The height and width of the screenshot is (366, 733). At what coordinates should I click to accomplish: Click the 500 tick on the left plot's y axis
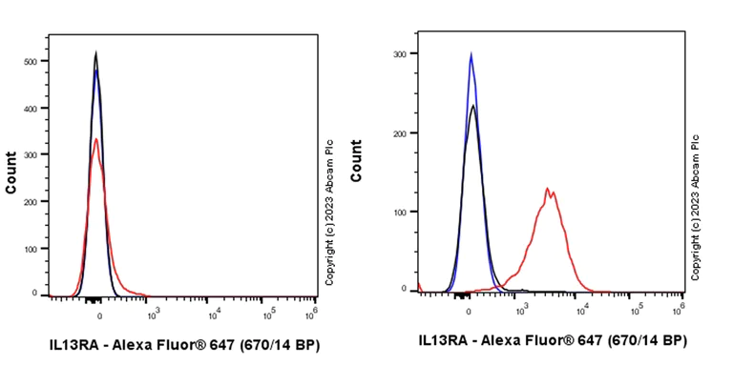click(x=32, y=62)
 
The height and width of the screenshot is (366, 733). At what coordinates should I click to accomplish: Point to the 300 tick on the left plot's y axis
click(x=32, y=155)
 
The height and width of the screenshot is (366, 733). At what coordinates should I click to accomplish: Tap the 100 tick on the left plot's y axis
click(x=32, y=249)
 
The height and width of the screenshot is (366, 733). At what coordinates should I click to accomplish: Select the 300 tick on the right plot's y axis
click(x=399, y=54)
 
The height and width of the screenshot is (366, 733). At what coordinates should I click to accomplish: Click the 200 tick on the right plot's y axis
click(x=399, y=132)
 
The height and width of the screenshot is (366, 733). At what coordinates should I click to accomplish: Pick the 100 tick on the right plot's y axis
click(x=399, y=212)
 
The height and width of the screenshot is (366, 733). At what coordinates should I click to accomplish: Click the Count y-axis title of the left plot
click(x=11, y=173)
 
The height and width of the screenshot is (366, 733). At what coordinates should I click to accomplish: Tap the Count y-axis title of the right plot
click(x=356, y=160)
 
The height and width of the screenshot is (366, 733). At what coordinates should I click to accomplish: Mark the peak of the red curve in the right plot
click(x=547, y=189)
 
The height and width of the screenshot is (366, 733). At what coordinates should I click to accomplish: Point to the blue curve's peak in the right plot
click(x=471, y=54)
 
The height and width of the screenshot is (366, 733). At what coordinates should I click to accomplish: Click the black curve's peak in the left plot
click(x=95, y=52)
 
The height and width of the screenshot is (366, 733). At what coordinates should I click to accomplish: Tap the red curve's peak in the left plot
click(x=95, y=139)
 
